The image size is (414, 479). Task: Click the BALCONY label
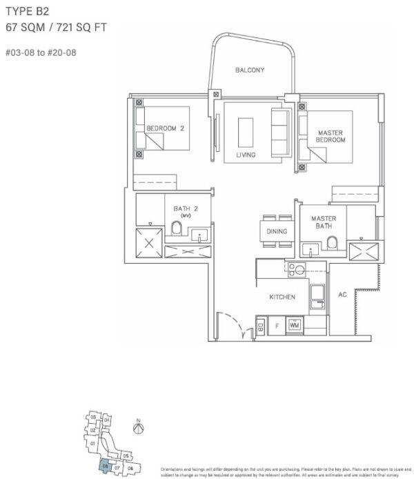[x=250, y=70]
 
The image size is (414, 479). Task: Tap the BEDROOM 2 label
[x=165, y=128]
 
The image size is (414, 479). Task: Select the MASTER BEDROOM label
[x=331, y=136]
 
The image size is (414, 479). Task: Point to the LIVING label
[x=246, y=155]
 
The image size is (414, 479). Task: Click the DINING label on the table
[x=277, y=232]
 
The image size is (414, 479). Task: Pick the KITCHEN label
[x=282, y=297]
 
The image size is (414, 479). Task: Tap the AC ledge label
[x=342, y=295]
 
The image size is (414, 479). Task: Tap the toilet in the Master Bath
[x=332, y=242]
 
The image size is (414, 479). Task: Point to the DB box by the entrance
[x=260, y=324]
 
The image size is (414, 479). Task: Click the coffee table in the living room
[x=245, y=130]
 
